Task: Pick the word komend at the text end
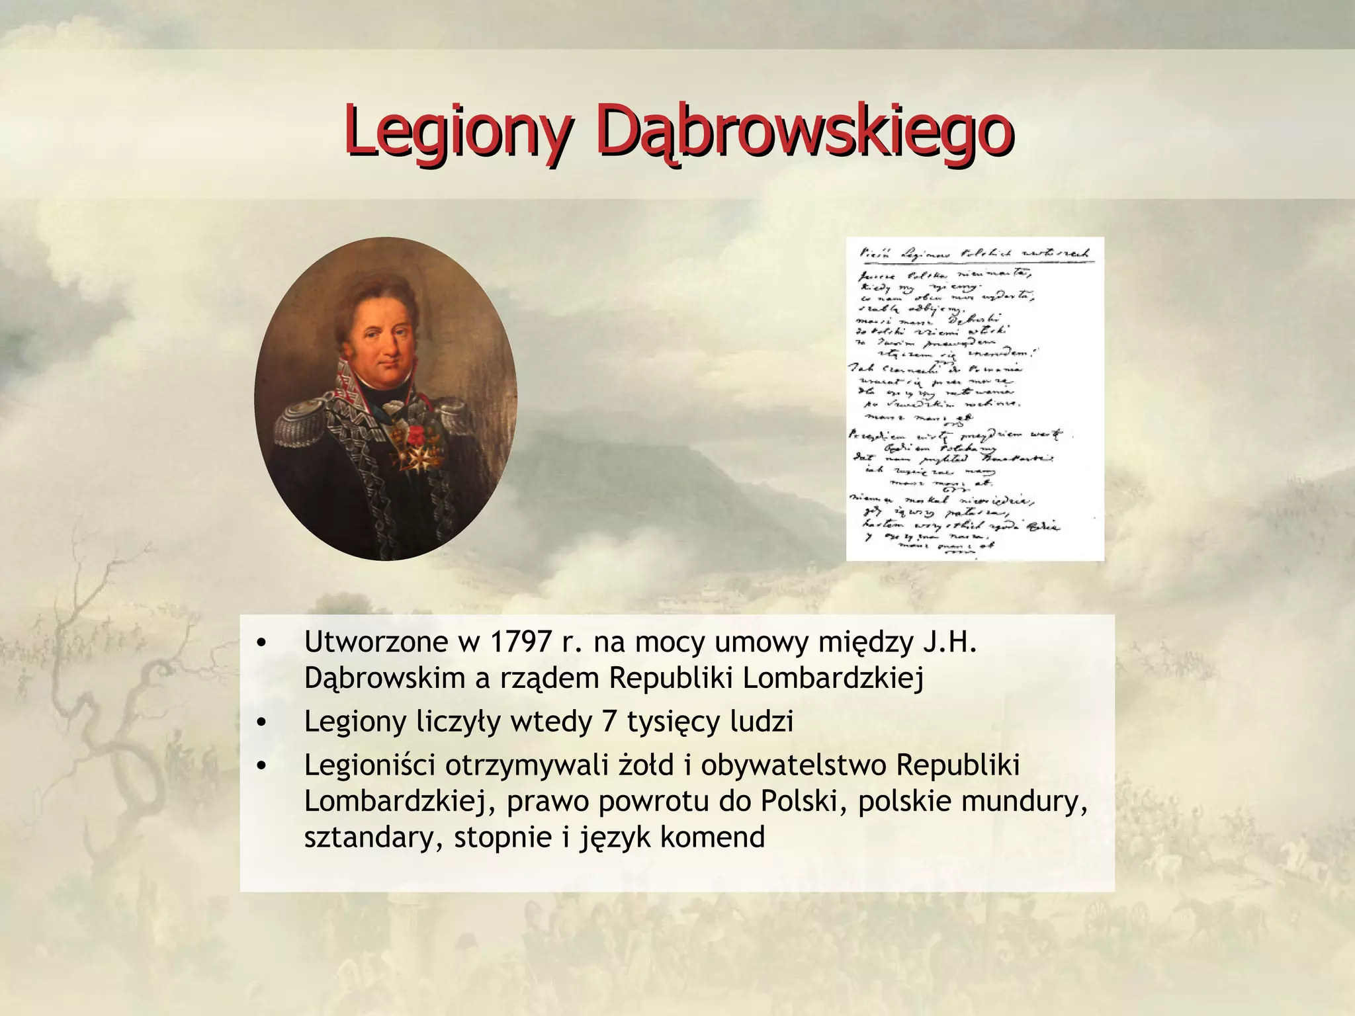tap(713, 837)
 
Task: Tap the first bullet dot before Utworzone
tap(263, 644)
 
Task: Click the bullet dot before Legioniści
tap(263, 767)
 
